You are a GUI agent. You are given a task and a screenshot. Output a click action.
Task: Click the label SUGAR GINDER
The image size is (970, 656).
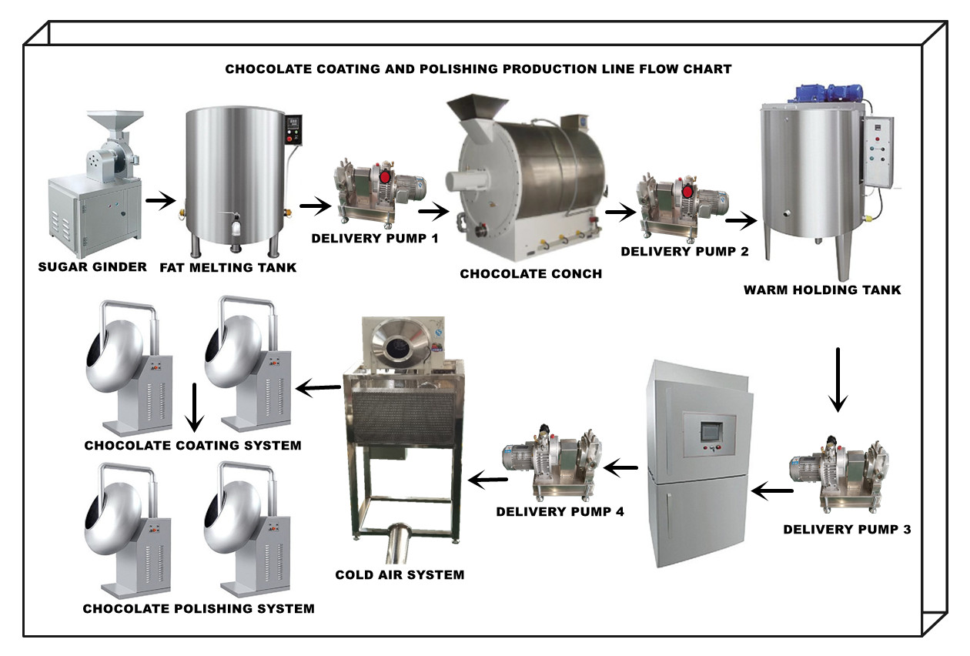pyautogui.click(x=92, y=266)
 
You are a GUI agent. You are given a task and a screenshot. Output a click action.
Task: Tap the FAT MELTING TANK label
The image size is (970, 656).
pyautogui.click(x=228, y=268)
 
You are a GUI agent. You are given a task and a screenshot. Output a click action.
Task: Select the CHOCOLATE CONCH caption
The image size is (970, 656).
pyautogui.click(x=531, y=273)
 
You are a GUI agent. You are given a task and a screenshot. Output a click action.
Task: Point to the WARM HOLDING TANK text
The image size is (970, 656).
pyautogui.click(x=822, y=290)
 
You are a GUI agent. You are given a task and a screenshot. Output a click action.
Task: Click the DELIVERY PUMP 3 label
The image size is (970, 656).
pyautogui.click(x=847, y=529)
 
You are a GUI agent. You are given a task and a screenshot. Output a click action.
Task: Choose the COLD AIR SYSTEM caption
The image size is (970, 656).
pyautogui.click(x=400, y=574)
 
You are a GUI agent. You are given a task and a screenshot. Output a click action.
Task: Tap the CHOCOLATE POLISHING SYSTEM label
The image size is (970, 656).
pyautogui.click(x=199, y=608)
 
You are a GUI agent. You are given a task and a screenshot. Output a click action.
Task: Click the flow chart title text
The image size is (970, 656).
pyautogui.click(x=478, y=69)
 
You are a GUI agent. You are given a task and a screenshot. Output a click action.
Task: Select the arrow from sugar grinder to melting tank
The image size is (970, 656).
pyautogui.click(x=161, y=200)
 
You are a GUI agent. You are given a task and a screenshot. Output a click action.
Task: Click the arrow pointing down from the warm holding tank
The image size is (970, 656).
pyautogui.click(x=838, y=380)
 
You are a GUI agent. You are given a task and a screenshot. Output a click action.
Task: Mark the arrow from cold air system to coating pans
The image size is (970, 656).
pyautogui.click(x=318, y=388)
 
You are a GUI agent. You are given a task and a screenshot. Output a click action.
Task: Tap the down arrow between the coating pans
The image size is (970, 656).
pyautogui.click(x=195, y=407)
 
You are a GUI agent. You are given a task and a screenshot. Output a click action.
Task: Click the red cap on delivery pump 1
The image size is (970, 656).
pyautogui.click(x=385, y=177)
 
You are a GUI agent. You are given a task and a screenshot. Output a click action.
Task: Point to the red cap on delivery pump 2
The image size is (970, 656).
pyautogui.click(x=687, y=192)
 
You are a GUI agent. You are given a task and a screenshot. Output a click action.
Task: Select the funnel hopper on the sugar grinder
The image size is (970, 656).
pyautogui.click(x=115, y=122)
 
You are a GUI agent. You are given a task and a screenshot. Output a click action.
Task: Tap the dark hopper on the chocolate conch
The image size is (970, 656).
pyautogui.click(x=477, y=107)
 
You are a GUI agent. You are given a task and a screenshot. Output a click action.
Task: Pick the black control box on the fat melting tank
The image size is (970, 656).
pyautogui.click(x=293, y=129)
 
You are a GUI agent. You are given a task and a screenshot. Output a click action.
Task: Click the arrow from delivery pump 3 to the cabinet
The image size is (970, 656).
pyautogui.click(x=772, y=491)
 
